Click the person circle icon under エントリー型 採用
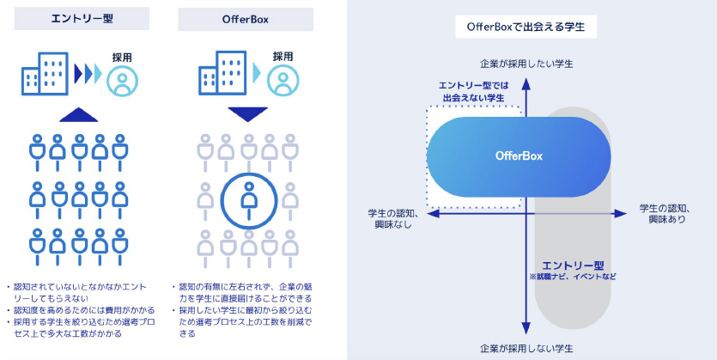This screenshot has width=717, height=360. point(123,81)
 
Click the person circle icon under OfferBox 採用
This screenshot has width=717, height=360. point(283,81)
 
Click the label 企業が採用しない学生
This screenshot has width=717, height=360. point(525,348)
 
